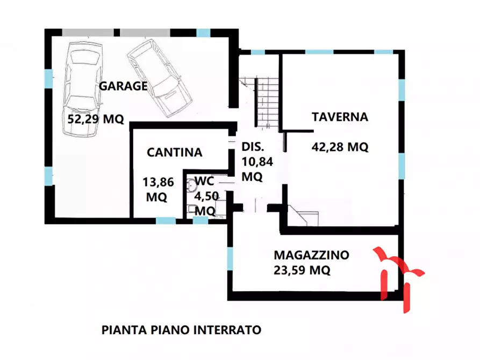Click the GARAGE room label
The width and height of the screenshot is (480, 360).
(123, 86)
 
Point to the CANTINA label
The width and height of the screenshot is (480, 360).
(175, 153)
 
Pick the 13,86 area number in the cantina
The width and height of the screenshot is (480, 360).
(158, 182)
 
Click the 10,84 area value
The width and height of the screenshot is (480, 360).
(253, 162)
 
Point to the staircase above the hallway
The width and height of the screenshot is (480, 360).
(267, 102)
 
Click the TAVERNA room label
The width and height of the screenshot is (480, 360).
(340, 117)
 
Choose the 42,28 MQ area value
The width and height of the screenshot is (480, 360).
(340, 147)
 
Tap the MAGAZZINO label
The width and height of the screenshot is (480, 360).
(311, 255)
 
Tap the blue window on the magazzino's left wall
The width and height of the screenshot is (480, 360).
(230, 260)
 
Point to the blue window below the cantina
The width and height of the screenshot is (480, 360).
(166, 220)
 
